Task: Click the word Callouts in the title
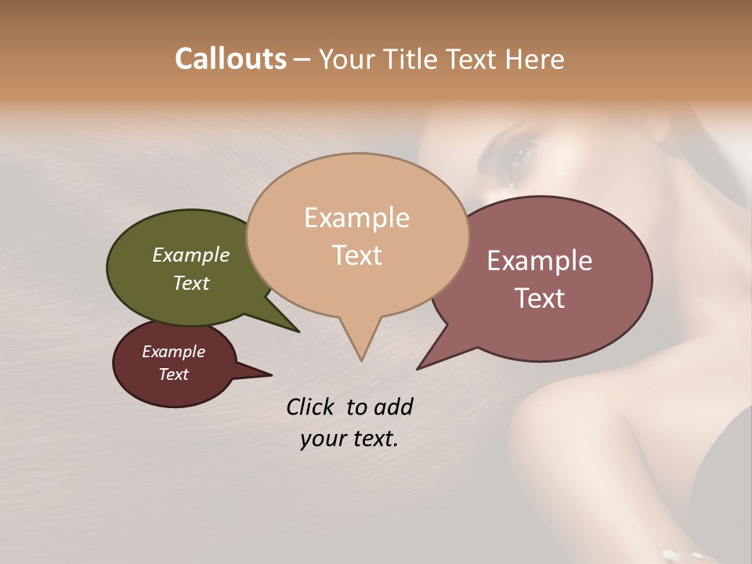(230, 59)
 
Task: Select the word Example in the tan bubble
(356, 218)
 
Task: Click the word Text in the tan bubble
(356, 255)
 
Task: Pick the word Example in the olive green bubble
(190, 255)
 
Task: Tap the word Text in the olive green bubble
(190, 283)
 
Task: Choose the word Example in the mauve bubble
(540, 261)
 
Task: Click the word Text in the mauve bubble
(540, 298)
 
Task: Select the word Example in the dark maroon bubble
(173, 352)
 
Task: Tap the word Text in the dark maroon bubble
(173, 374)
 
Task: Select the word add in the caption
(392, 407)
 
